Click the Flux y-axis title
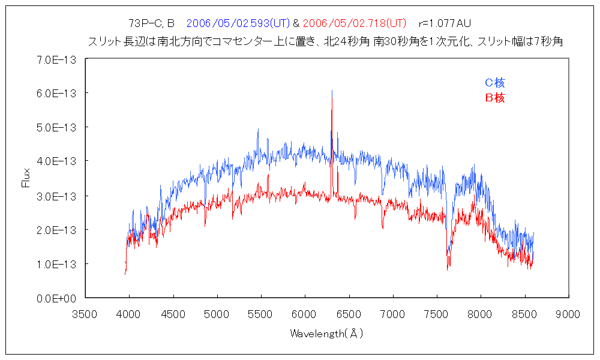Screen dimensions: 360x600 [26, 178]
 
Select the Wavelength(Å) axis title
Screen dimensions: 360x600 [327, 333]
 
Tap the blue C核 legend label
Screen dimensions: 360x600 [495, 83]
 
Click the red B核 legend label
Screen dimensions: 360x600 [495, 98]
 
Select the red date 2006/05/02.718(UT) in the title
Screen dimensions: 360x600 [354, 23]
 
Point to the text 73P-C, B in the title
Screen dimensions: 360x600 [151, 23]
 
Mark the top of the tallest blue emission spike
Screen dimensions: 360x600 [332, 91]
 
